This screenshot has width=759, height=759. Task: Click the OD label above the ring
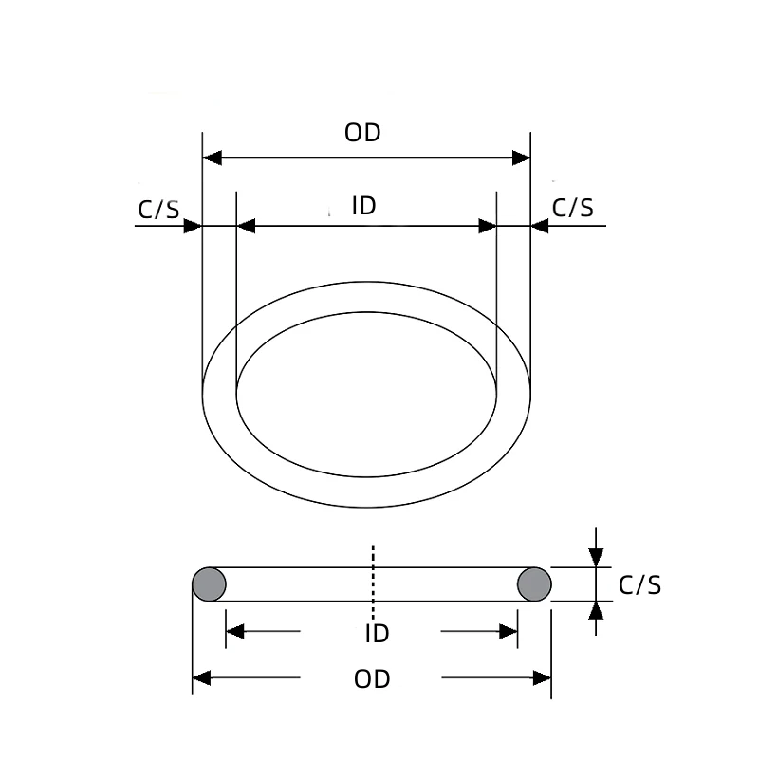tap(362, 133)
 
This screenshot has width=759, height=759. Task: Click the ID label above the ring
tap(364, 206)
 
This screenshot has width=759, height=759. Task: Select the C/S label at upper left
tap(158, 209)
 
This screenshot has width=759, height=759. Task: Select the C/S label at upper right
tap(573, 208)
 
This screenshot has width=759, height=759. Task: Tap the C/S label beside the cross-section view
tap(639, 585)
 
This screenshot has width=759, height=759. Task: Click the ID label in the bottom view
tap(377, 633)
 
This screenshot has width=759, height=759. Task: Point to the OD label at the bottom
tap(372, 679)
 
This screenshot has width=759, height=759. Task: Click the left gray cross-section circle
tap(209, 583)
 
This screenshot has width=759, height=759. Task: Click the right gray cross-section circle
tap(534, 583)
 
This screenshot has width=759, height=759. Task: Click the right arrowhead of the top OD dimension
tap(521, 157)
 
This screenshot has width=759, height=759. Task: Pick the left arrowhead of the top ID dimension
tap(246, 226)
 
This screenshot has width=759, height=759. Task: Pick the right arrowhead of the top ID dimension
tap(488, 226)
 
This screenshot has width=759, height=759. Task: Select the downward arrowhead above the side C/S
tap(596, 559)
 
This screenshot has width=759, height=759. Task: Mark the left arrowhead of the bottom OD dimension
tap(201, 678)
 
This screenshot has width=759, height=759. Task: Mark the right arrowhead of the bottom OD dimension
tap(543, 678)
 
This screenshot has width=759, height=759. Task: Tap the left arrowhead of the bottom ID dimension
tap(234, 631)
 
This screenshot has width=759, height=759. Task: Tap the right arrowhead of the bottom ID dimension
tap(509, 631)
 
